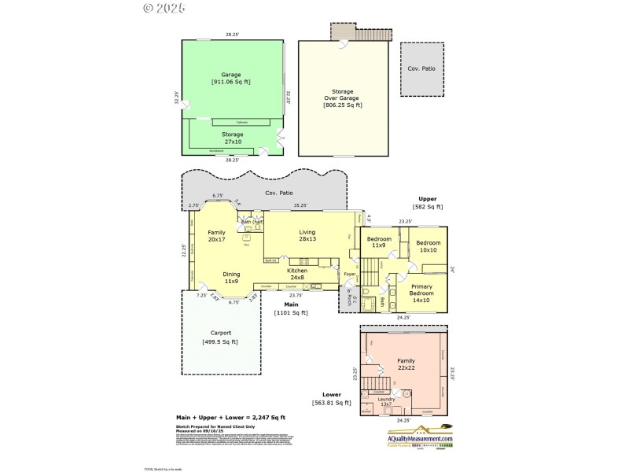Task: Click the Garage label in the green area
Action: (x=231, y=75)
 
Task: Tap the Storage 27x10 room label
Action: (x=232, y=138)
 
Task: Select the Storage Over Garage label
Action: (x=343, y=98)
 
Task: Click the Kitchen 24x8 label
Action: (x=297, y=274)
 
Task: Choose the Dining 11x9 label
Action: (x=230, y=277)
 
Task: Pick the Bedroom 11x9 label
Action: (x=378, y=242)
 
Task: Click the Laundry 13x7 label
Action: (x=386, y=402)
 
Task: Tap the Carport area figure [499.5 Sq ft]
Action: (x=220, y=341)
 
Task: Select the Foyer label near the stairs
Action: (x=350, y=275)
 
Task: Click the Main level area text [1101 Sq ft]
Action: (x=291, y=312)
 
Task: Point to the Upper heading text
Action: (x=428, y=199)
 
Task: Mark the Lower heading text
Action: (x=332, y=393)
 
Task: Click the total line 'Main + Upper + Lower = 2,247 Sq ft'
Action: (x=230, y=417)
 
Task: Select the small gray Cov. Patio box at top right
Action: (x=424, y=69)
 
